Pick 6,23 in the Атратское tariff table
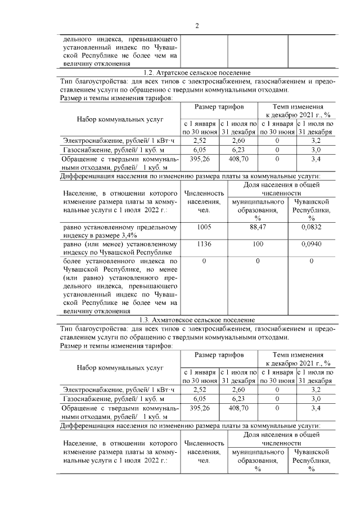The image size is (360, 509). point(238,150)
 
